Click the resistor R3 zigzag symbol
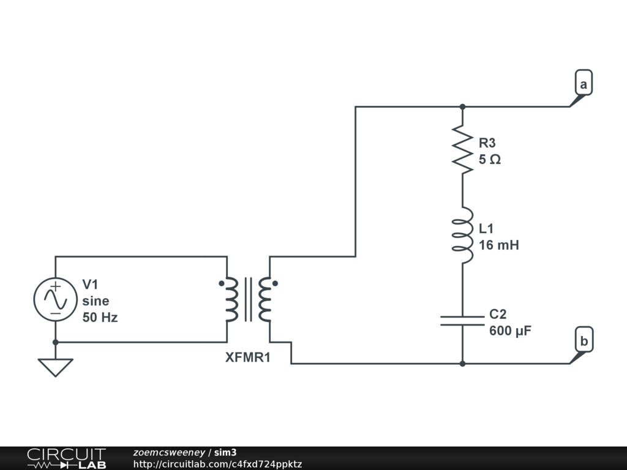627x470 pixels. (x=462, y=149)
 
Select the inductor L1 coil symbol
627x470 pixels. (x=463, y=236)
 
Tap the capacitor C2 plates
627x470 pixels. (x=462, y=321)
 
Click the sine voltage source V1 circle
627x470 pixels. (x=55, y=299)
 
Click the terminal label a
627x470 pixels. (x=584, y=84)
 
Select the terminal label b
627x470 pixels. (x=584, y=341)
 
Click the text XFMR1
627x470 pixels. (x=248, y=357)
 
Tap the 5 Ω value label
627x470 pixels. (x=490, y=160)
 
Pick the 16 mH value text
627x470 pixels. (x=499, y=245)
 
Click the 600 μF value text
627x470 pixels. (x=510, y=331)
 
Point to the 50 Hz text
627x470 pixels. (x=100, y=318)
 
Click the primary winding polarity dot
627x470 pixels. (x=221, y=283)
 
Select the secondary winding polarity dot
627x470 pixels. (x=275, y=283)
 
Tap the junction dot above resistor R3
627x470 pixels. (x=463, y=106)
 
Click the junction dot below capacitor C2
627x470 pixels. (x=463, y=364)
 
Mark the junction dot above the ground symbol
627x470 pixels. (x=55, y=342)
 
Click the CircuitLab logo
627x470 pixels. (x=66, y=458)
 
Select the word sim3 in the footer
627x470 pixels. (x=225, y=452)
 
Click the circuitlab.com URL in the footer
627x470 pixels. (x=217, y=464)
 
